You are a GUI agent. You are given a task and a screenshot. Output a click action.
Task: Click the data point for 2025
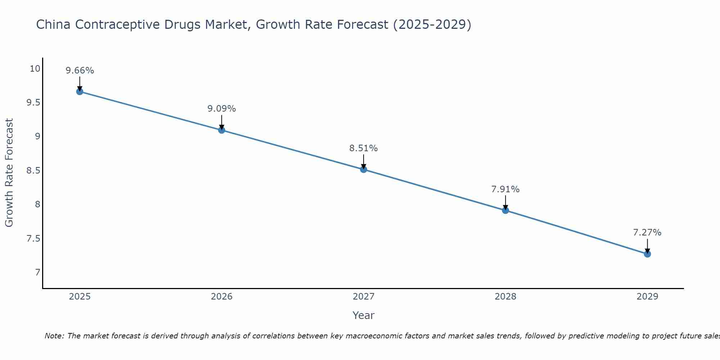[80, 91]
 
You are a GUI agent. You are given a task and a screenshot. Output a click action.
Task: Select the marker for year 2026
[221, 130]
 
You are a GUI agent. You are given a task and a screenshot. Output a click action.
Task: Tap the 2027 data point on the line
[364, 169]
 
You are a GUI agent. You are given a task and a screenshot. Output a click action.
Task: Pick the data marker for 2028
[505, 210]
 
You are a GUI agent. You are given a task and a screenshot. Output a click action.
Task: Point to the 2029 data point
[647, 254]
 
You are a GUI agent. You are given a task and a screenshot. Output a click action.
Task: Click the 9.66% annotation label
[80, 71]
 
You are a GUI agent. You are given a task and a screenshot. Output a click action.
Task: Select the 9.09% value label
[221, 109]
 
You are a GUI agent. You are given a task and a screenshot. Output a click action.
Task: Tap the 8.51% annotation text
[364, 148]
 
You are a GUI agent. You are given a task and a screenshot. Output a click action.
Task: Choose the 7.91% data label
[505, 189]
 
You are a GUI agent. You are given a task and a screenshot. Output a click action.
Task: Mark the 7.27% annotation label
[647, 233]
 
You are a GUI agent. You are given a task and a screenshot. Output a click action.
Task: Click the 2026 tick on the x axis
[221, 297]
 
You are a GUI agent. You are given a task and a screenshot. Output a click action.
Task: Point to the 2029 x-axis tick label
[647, 297]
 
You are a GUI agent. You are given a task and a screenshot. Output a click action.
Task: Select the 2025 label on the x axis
[80, 297]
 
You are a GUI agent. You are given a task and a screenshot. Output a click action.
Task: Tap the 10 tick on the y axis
[35, 68]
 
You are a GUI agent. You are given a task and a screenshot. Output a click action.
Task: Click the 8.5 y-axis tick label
[33, 170]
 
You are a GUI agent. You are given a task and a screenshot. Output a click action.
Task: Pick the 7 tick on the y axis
[37, 272]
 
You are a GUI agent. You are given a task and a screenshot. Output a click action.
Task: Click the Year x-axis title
[364, 315]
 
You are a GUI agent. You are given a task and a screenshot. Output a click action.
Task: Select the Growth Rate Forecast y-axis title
[9, 173]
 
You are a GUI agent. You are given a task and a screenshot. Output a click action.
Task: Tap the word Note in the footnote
[54, 336]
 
